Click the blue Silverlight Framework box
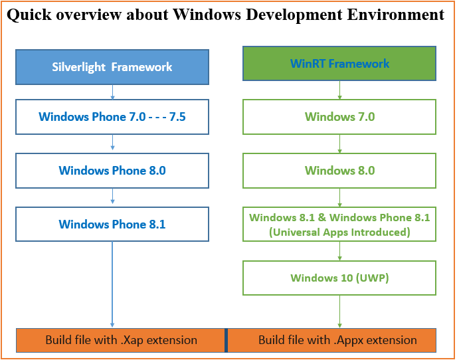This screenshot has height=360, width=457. point(112,67)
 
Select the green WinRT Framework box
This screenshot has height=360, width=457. point(339,64)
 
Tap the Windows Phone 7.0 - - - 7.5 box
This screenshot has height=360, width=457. point(112,117)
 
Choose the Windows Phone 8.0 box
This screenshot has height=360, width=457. point(112,171)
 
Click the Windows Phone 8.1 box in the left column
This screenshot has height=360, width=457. point(112,225)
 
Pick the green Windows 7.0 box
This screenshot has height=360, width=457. point(339,117)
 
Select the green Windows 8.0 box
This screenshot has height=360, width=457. point(339,171)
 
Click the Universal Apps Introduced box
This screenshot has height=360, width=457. point(339,225)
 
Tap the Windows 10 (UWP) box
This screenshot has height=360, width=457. point(339,278)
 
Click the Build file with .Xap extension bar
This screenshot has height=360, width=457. point(121,340)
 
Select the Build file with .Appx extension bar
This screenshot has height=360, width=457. point(337,340)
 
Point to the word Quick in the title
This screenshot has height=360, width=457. point(29,15)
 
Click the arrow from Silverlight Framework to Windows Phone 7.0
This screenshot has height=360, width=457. point(112,92)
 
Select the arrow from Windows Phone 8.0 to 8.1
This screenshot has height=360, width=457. point(112,197)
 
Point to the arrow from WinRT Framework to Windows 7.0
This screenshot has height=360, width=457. point(339,90)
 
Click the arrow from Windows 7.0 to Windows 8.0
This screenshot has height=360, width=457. point(339,144)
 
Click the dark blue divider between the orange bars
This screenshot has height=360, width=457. point(226,340)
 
